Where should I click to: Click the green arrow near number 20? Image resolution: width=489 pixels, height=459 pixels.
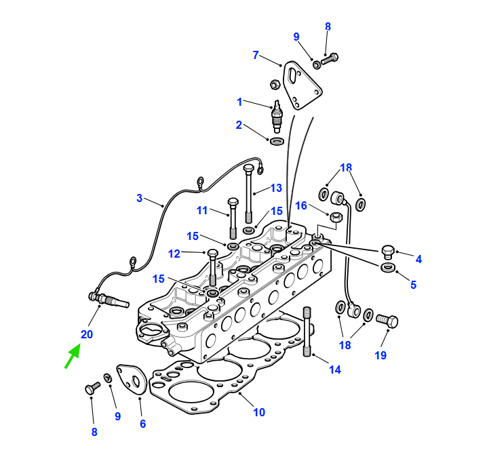click(73, 356)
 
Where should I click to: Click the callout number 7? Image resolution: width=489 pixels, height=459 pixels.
click(256, 55)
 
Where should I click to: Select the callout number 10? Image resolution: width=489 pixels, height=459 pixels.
click(259, 412)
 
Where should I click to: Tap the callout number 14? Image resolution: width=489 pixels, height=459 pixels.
click(335, 370)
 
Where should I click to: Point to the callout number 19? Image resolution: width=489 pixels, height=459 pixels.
click(380, 355)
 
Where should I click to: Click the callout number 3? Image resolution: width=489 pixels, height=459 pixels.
click(140, 198)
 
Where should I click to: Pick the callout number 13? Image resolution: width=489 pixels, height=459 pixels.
click(276, 188)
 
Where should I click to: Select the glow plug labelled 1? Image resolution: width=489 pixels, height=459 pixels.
click(277, 117)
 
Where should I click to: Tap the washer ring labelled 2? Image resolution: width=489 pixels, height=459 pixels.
click(277, 141)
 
